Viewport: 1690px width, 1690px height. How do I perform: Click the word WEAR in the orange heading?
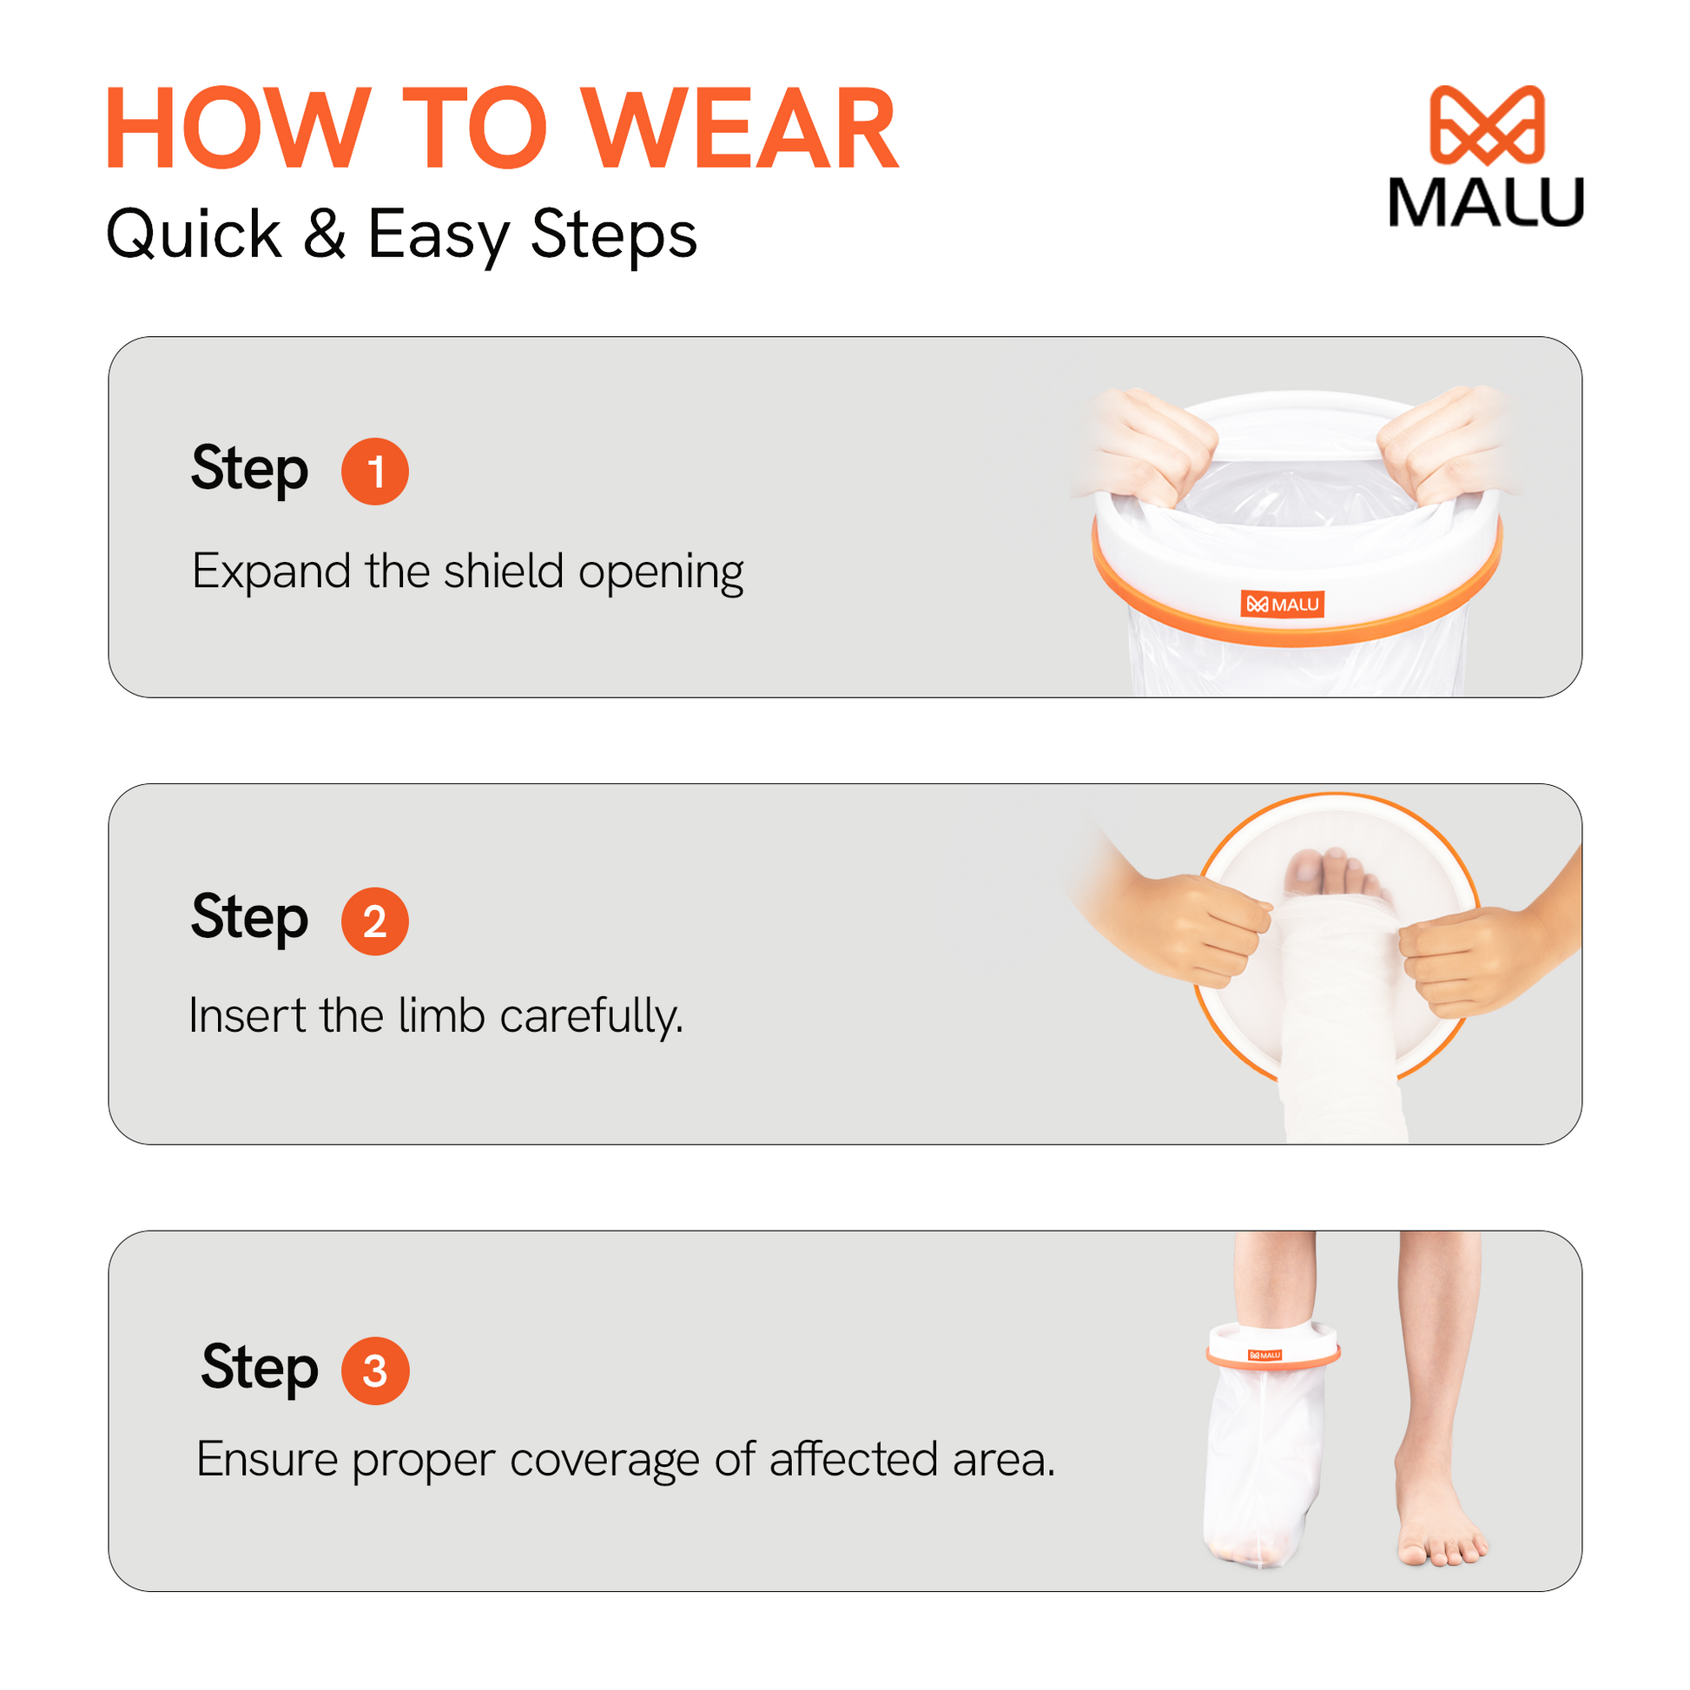(740, 128)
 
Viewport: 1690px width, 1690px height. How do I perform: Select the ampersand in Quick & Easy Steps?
(325, 234)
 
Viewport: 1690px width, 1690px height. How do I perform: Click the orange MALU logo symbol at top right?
(1486, 125)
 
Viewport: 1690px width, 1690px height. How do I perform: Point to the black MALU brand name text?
(1486, 202)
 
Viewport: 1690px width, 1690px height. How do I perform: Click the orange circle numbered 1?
(375, 472)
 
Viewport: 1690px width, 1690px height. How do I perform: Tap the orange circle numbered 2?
(375, 921)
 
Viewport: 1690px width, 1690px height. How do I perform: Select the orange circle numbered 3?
(375, 1370)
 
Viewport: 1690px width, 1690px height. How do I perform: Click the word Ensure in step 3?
(267, 1460)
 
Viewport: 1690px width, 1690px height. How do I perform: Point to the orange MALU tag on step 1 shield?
(1283, 604)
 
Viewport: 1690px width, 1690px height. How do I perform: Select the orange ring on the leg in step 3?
(1273, 1357)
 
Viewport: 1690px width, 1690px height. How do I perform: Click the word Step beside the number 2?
(250, 920)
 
